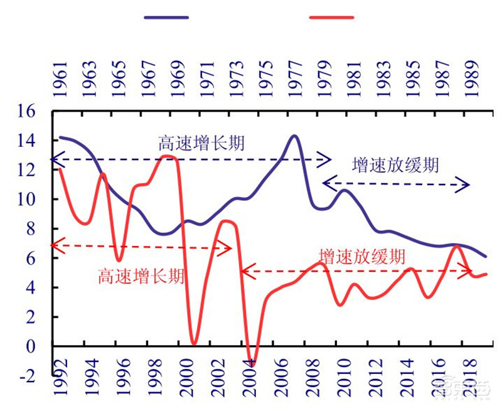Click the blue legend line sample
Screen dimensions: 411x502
click(166, 18)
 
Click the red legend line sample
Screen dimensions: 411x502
click(332, 18)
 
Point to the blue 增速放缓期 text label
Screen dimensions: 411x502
click(395, 166)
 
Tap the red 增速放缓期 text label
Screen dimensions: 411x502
click(361, 256)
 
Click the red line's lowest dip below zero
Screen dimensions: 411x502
click(252, 364)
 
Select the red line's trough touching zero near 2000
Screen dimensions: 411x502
click(193, 344)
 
